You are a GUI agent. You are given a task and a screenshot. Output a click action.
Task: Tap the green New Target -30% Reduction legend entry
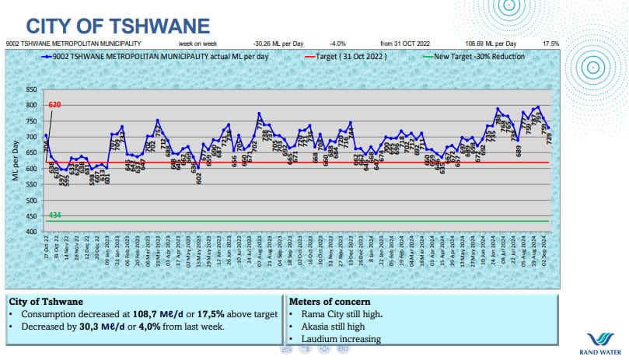pyautogui.click(x=476, y=57)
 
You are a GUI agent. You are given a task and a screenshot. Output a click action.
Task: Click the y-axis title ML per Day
pyautogui.click(x=15, y=160)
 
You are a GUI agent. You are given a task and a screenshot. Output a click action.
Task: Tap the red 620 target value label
pyautogui.click(x=54, y=104)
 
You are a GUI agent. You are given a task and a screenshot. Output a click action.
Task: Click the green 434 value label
pyautogui.click(x=54, y=215)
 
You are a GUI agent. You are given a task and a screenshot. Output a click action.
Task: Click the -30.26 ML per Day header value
pyautogui.click(x=278, y=44)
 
